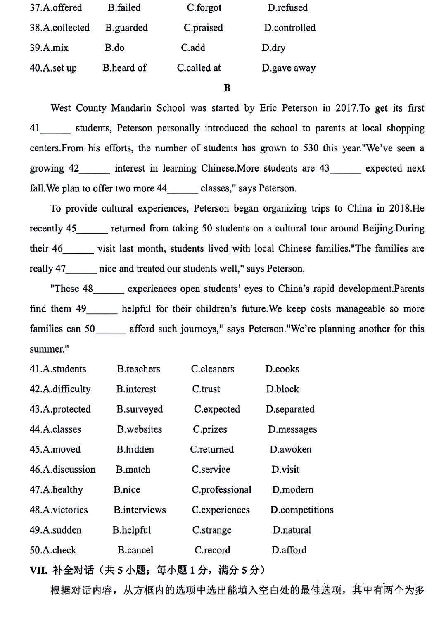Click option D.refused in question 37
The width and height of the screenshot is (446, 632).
pos(287,7)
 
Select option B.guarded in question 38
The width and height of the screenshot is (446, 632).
pos(126,28)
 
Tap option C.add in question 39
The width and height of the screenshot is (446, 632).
pos(193,48)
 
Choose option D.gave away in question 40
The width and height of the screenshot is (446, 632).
pos(288,68)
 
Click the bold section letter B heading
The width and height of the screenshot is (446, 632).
pos(227,88)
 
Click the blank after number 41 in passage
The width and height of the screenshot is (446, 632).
pos(56,129)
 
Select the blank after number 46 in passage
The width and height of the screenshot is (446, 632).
pos(78,249)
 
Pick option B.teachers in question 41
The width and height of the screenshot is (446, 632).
pos(138,369)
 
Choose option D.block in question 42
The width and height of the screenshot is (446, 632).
pos(282,389)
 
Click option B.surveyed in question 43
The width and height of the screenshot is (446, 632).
pos(140,409)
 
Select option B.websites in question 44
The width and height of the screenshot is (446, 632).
pos(139,429)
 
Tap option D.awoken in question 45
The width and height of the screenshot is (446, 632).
pos(291,449)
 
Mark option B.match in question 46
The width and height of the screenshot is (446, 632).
pos(133,470)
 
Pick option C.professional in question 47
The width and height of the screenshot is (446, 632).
pos(221,490)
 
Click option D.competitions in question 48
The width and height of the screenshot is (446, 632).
pos(302,510)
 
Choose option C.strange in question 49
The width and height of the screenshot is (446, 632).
pos(211,530)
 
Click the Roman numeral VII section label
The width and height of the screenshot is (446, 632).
pos(38,570)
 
